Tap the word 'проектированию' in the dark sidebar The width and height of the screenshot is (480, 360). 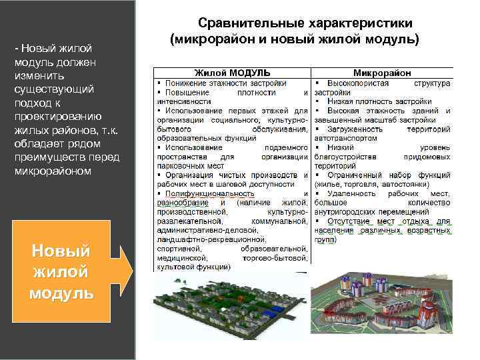click(56, 117)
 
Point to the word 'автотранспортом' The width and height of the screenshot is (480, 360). click(346, 138)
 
